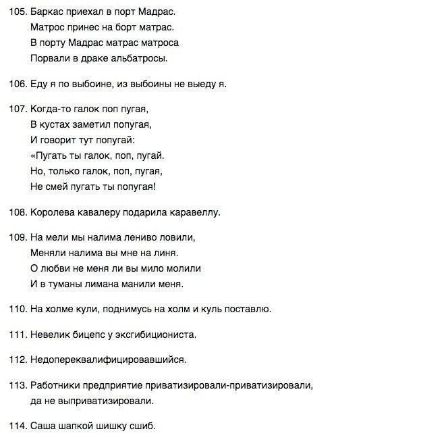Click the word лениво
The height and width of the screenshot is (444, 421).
pos(145,238)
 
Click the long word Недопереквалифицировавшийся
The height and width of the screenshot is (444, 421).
pos(108,360)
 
